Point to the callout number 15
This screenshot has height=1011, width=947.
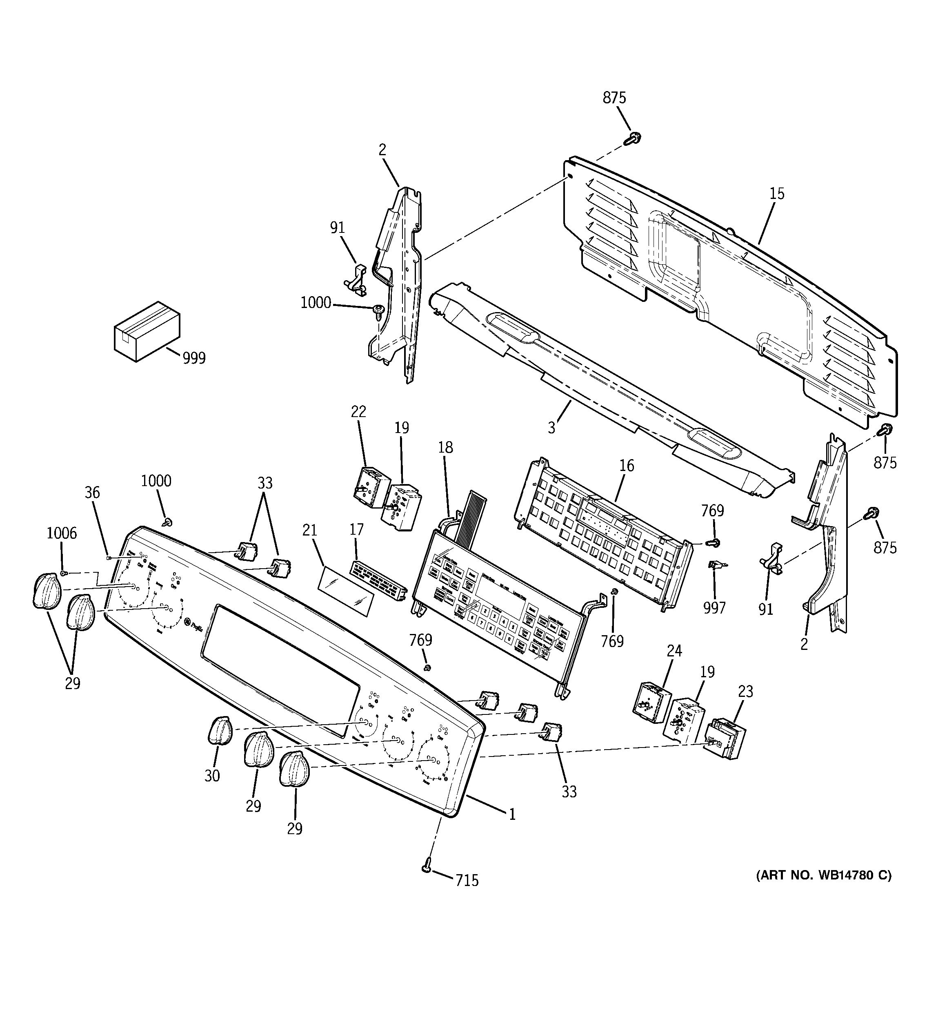pyautogui.click(x=776, y=194)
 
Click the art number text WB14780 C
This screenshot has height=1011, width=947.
pyautogui.click(x=823, y=875)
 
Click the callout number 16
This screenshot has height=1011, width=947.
pyautogui.click(x=626, y=465)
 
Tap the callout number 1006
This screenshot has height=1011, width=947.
pyautogui.click(x=62, y=533)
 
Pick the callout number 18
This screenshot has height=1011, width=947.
pyautogui.click(x=445, y=448)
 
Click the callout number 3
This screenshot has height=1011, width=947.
pyautogui.click(x=551, y=427)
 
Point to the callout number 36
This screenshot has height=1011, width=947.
pyautogui.click(x=92, y=492)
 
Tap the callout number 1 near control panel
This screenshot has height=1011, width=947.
pyautogui.click(x=512, y=814)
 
